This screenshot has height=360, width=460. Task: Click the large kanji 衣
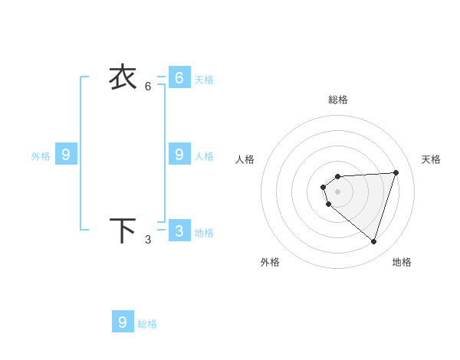[x=123, y=77]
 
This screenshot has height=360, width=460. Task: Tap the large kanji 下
[x=123, y=231]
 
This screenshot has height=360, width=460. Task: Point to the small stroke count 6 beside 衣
[x=148, y=86]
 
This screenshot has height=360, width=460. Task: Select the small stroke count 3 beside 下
[x=148, y=240]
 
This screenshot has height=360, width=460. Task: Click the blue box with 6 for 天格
[x=179, y=78]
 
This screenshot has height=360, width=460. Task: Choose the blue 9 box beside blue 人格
[x=179, y=155]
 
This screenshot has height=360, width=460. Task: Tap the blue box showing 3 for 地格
[x=179, y=231]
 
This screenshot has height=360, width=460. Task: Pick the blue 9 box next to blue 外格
[x=66, y=155]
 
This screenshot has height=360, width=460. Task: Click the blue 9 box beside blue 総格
[x=123, y=322]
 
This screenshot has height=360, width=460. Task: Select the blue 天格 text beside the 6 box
[x=204, y=80]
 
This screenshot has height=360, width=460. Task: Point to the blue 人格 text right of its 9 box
[x=204, y=156]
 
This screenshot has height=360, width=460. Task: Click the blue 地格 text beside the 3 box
[x=204, y=233]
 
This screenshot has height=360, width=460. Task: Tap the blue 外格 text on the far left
[x=41, y=156]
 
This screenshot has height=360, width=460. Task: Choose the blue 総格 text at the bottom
[x=147, y=324]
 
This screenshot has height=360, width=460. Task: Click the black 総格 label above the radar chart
[x=338, y=100]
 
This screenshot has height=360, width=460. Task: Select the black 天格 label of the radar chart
[x=432, y=159]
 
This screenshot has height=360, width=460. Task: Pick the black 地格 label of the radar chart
[x=402, y=262]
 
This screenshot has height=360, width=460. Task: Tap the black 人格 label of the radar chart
[x=245, y=159]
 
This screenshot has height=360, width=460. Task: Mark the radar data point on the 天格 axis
[x=396, y=172]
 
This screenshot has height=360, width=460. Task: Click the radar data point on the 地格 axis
[x=373, y=241]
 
